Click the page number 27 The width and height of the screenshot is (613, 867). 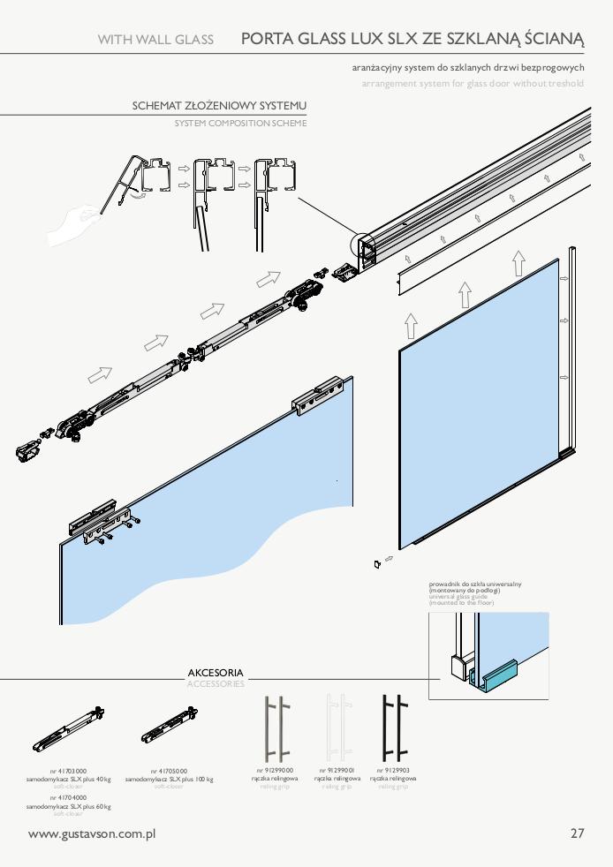(578, 833)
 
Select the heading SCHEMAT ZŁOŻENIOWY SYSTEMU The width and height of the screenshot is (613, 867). (219, 106)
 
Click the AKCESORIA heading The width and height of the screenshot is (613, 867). (216, 673)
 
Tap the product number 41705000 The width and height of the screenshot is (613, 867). (169, 771)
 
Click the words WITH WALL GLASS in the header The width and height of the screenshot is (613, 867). (155, 39)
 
